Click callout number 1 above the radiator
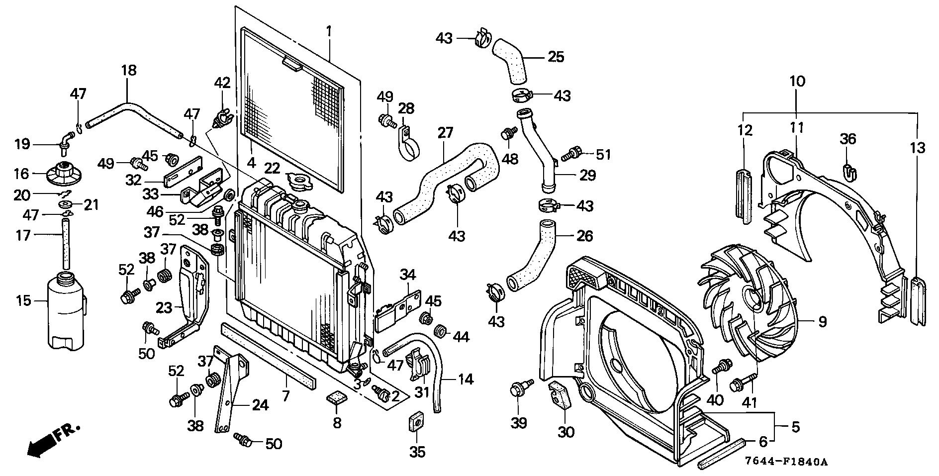tap(329, 31)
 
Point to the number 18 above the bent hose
tap(128, 70)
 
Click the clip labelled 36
tap(851, 171)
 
